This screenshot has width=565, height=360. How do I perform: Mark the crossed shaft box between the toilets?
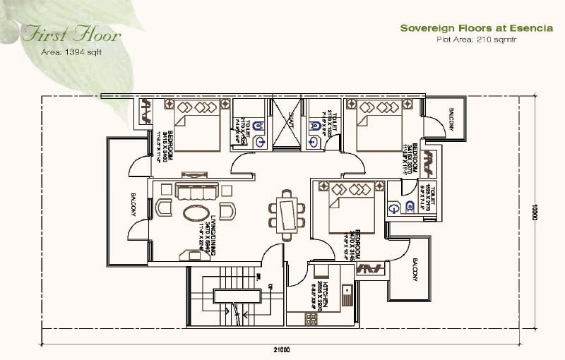pyautogui.click(x=285, y=122)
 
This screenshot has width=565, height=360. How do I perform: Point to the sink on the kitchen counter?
pyautogui.click(x=346, y=292)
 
